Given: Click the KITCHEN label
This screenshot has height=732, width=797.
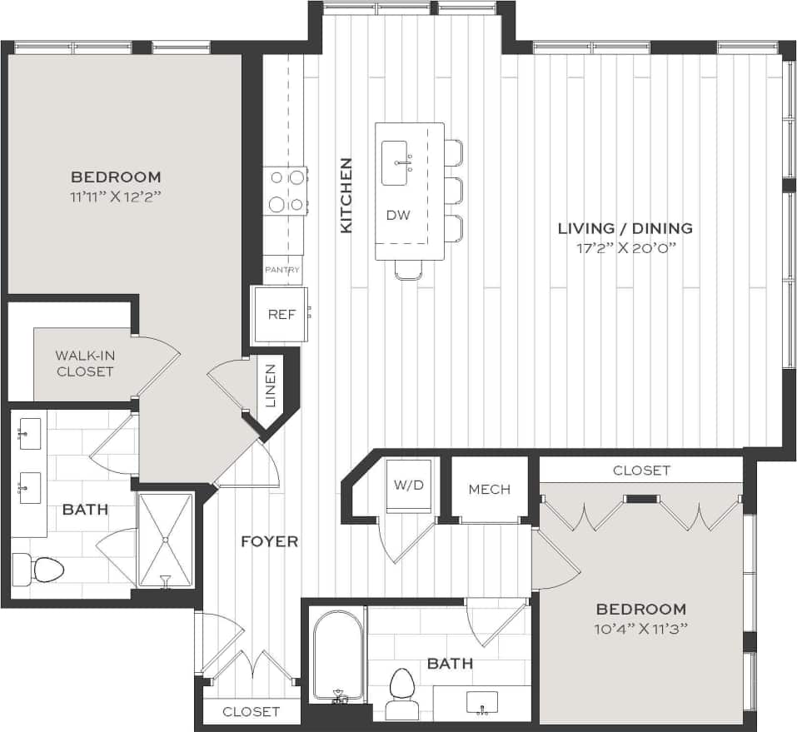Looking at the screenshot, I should (x=346, y=195).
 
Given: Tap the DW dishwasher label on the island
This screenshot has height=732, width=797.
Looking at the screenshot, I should (x=398, y=215).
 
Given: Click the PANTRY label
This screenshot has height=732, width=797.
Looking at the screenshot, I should (x=282, y=271).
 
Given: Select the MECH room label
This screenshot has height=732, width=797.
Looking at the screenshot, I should (x=489, y=489).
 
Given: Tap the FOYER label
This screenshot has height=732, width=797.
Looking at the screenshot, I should (x=269, y=541).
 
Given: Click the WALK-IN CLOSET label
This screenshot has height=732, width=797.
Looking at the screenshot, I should (x=85, y=363).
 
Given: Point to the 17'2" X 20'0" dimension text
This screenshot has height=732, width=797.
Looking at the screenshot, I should (x=625, y=247).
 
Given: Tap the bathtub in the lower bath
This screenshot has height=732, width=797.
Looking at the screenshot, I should (x=338, y=655).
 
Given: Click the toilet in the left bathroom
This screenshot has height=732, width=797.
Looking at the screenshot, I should (x=40, y=570).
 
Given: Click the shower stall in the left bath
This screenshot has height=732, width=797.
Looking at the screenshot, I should (x=165, y=540).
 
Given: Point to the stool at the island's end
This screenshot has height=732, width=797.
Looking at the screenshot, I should (x=408, y=269).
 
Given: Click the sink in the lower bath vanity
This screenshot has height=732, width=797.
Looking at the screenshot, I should (x=482, y=701).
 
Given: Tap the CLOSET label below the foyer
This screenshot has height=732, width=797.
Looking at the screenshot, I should (x=252, y=711).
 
